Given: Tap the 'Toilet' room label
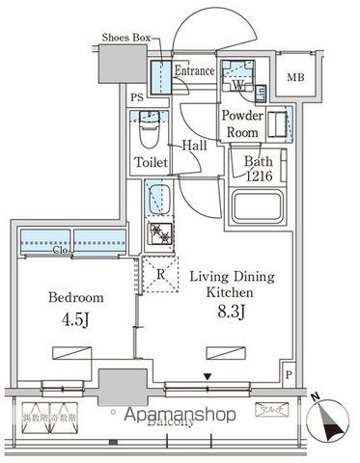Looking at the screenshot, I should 152,162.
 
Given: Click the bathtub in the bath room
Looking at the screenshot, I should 257,206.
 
